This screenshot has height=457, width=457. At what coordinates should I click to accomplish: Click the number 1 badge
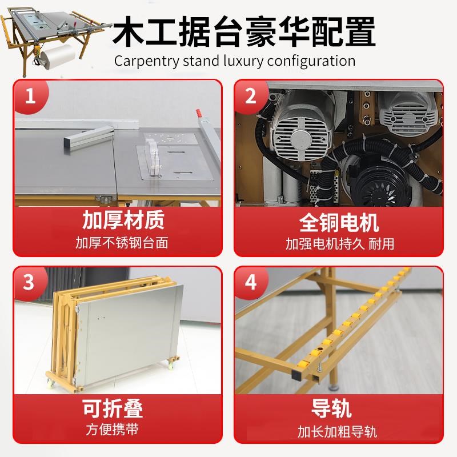click(x=29, y=95)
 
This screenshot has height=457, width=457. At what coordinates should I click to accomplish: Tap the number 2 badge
click(x=251, y=95)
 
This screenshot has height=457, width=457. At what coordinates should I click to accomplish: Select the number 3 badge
click(x=29, y=282)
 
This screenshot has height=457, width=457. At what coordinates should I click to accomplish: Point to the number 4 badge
click(x=251, y=282)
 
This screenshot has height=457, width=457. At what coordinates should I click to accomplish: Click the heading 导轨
click(x=339, y=408)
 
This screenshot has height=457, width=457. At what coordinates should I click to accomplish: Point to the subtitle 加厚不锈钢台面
click(x=122, y=243)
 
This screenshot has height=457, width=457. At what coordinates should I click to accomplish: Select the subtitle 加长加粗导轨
click(x=339, y=430)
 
